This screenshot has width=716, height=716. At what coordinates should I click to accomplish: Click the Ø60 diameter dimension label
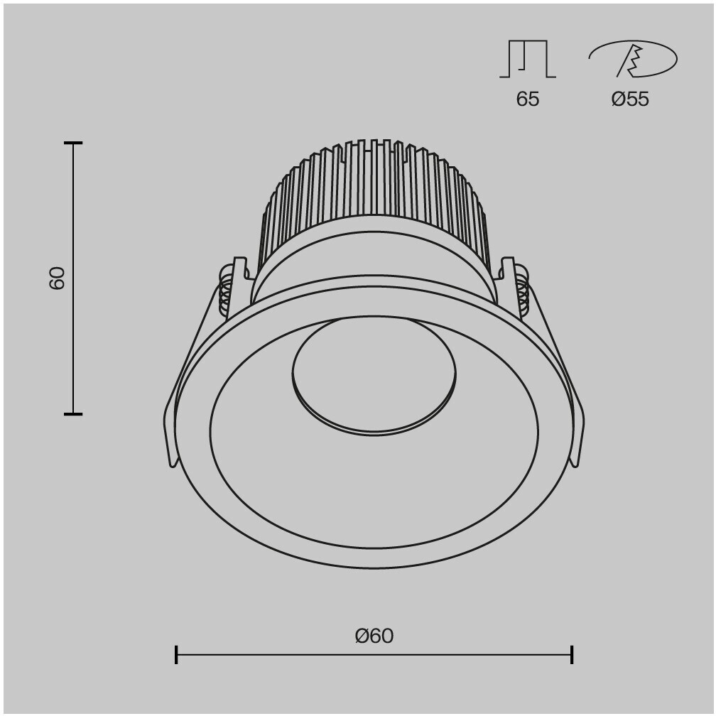[374, 636]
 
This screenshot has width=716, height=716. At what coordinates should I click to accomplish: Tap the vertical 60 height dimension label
[57, 278]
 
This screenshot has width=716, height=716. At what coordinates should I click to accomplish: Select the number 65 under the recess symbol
[527, 99]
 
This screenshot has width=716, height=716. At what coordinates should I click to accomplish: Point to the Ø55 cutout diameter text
[630, 99]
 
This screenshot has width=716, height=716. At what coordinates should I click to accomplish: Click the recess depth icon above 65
[528, 59]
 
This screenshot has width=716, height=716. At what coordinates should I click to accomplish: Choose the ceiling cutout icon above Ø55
[633, 59]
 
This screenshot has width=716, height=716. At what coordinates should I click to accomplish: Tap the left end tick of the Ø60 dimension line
[176, 654]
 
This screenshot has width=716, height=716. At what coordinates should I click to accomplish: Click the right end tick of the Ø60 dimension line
[572, 654]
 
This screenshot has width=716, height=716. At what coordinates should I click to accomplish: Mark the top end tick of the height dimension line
[73, 143]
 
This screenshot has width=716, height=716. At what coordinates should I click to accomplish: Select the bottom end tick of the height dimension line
[73, 414]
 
